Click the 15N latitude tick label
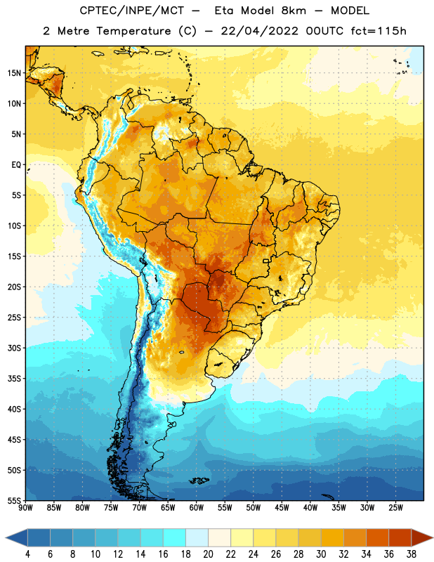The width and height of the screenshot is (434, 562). (x=14, y=73)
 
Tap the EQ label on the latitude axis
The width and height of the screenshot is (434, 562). (x=16, y=165)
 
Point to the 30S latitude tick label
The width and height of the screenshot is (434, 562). (x=14, y=348)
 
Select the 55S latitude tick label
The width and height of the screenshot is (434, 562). (x=14, y=501)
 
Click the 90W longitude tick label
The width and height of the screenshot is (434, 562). (x=25, y=508)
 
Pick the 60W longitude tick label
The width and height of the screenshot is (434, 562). (x=197, y=508)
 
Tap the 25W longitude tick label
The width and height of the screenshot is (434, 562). (x=395, y=508)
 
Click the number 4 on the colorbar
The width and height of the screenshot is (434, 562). (x=27, y=554)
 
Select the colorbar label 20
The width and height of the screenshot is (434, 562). (x=208, y=554)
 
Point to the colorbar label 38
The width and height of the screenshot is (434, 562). (x=412, y=554)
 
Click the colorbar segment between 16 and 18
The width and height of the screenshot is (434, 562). (x=175, y=538)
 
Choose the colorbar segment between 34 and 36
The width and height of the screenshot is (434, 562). (x=378, y=538)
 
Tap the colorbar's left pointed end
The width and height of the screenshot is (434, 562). (x=6, y=538)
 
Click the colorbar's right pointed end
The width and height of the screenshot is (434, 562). (x=432, y=538)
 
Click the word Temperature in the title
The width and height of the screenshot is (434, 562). (x=133, y=31)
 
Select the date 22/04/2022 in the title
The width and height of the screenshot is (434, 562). (x=259, y=31)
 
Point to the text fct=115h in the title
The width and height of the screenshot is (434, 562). (x=379, y=31)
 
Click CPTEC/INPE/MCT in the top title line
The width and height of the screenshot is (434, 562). (x=131, y=11)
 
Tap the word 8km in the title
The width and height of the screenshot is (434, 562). (x=294, y=11)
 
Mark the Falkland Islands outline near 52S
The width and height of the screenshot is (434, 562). (x=199, y=481)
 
